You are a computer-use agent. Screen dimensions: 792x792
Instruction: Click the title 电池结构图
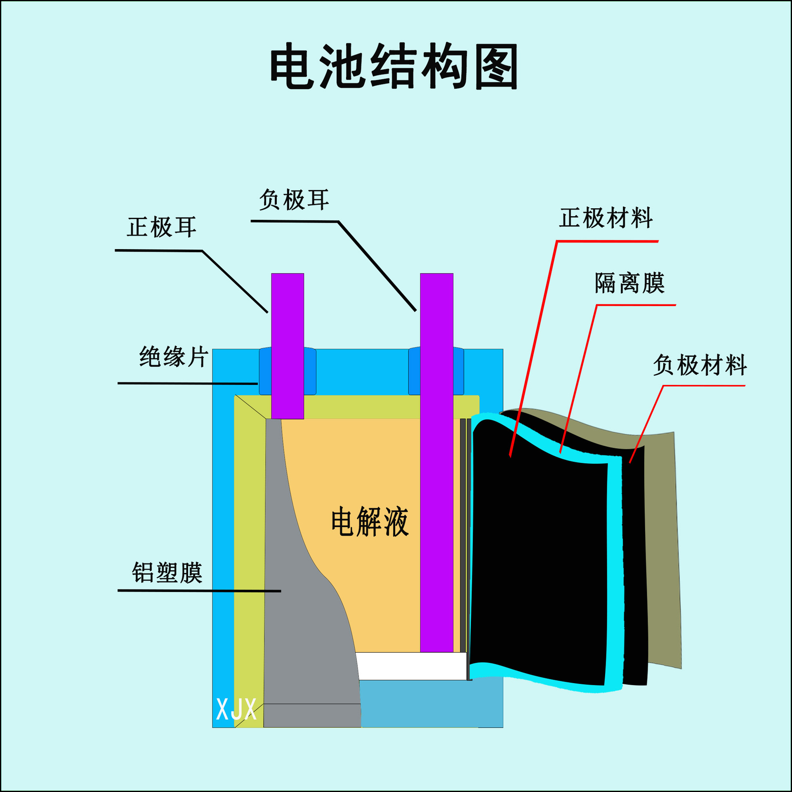(x=394, y=66)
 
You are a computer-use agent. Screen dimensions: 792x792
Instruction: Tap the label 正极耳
(x=161, y=227)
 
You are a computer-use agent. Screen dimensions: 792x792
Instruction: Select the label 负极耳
(x=294, y=200)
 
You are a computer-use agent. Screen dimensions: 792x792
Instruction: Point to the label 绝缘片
(x=174, y=357)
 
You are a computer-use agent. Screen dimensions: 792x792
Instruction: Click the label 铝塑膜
(x=167, y=573)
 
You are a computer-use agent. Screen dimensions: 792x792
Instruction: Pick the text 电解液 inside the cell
(x=370, y=522)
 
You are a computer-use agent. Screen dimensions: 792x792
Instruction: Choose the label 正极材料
(x=606, y=218)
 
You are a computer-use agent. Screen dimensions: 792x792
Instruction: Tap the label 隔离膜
(x=629, y=283)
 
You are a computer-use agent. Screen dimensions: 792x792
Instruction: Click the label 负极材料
(x=700, y=365)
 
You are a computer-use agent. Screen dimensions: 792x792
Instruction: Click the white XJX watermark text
(x=236, y=709)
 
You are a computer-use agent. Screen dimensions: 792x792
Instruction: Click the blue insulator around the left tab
(x=265, y=372)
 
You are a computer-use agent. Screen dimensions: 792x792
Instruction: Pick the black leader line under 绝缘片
(x=188, y=384)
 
